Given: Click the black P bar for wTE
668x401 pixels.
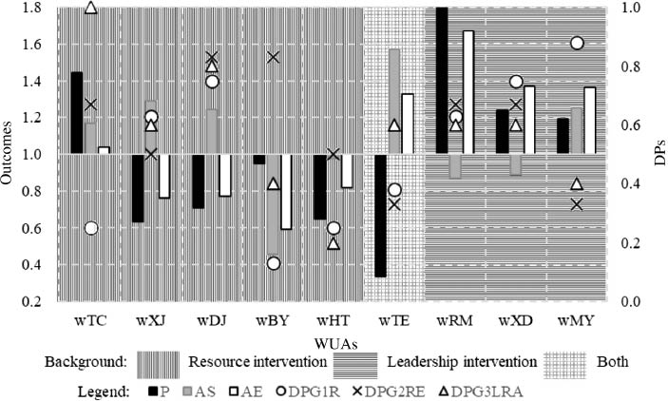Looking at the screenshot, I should click(380, 216).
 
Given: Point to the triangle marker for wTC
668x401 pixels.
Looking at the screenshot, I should click(90, 8).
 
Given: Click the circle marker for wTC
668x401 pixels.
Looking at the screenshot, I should click(90, 228).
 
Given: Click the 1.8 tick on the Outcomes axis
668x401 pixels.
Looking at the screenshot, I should click(35, 8).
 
